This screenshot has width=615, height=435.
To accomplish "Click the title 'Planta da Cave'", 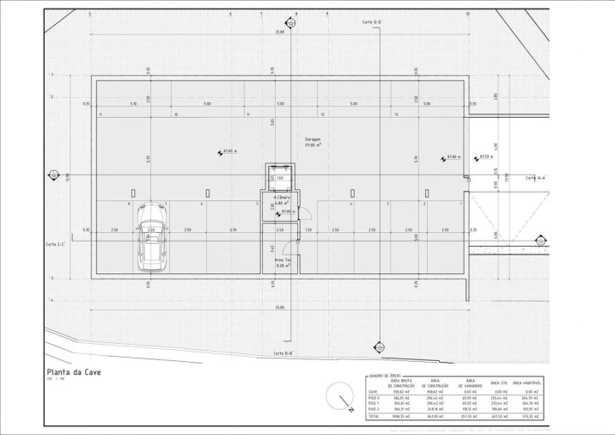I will click(74, 372).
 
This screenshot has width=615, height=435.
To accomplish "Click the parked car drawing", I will click(151, 238).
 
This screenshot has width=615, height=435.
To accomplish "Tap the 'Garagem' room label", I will click(313, 138).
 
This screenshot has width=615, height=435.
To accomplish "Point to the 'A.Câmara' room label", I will click(280, 198).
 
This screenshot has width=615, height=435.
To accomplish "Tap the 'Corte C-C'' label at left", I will click(57, 244).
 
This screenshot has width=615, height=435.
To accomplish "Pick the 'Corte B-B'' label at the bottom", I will click(283, 353).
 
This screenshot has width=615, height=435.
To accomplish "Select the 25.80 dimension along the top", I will click(280, 32).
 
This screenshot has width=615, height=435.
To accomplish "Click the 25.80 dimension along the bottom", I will click(280, 307).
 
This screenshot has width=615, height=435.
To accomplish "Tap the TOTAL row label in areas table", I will click(374, 416).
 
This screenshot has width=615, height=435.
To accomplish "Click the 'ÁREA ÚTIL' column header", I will click(500, 383).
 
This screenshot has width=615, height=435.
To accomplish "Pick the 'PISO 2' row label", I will click(374, 409).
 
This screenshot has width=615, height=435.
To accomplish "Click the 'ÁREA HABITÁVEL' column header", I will click(529, 383).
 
